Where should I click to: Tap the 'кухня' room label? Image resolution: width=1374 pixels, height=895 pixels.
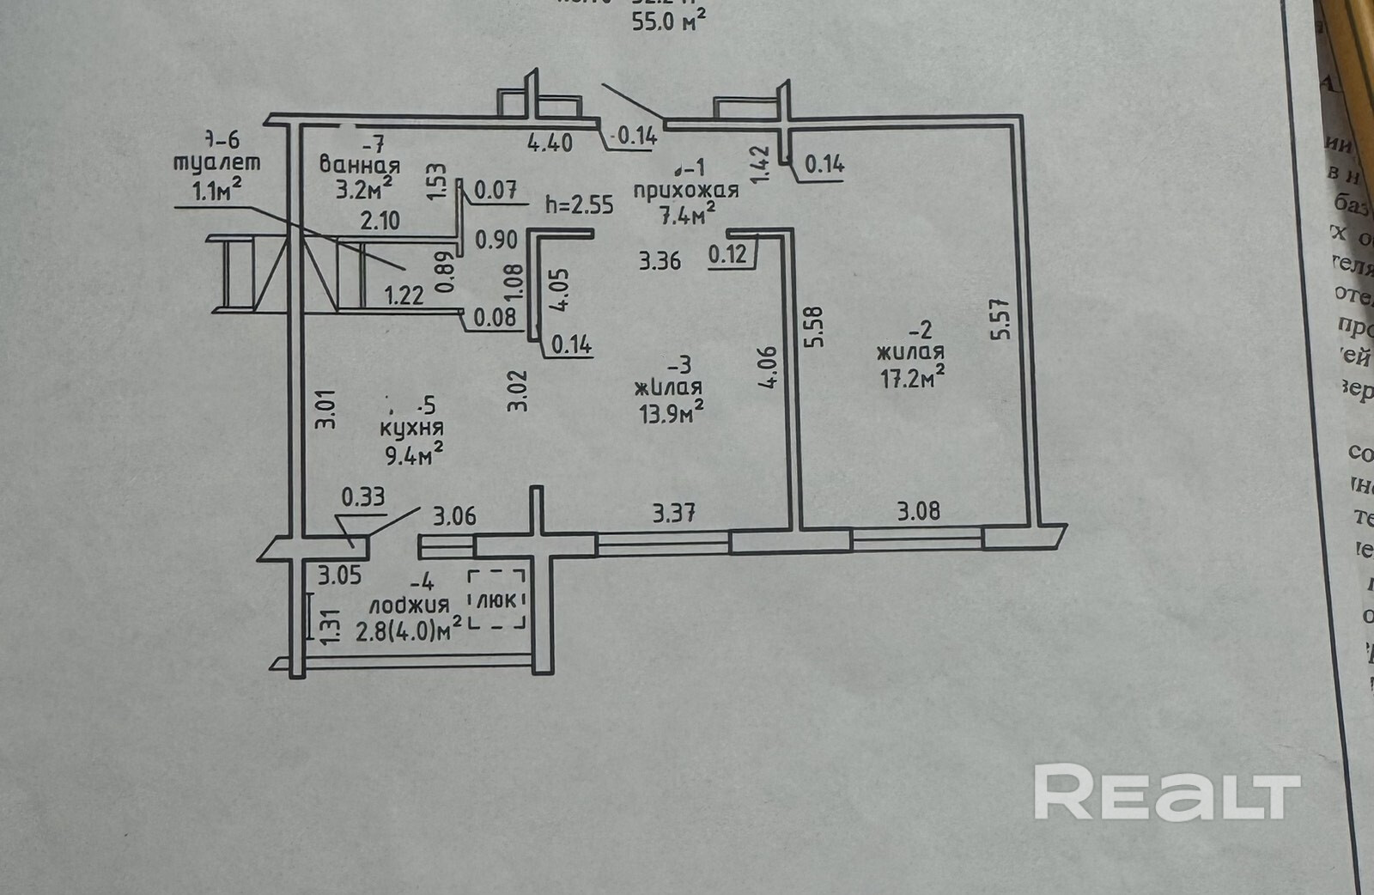click(x=414, y=429)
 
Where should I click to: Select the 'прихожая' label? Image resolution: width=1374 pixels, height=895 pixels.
click(x=685, y=191)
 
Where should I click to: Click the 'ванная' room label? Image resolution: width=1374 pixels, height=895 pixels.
click(x=359, y=165)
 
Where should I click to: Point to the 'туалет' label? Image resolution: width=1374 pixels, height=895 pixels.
click(x=216, y=162)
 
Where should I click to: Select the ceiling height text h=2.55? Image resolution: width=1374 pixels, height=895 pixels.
click(x=580, y=204)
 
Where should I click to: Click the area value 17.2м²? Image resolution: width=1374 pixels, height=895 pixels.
click(x=912, y=378)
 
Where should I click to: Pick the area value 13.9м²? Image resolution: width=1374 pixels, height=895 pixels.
click(x=671, y=414)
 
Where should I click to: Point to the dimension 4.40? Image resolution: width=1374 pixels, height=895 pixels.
click(x=550, y=142)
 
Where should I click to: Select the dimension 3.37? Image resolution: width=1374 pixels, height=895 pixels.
click(x=674, y=514)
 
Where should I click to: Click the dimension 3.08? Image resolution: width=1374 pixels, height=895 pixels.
click(x=918, y=512)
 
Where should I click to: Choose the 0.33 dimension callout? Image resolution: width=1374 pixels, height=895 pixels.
click(x=363, y=496)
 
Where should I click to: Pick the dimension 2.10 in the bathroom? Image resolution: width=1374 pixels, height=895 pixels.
click(x=380, y=221)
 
